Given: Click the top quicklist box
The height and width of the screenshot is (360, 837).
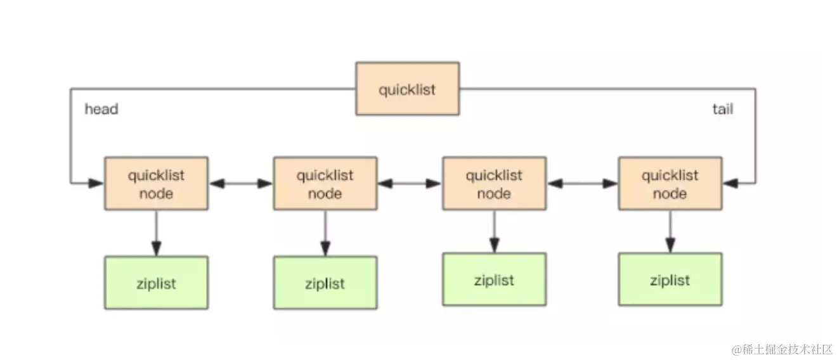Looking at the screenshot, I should coord(407,89).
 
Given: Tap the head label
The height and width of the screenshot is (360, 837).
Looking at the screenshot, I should coord(101,110).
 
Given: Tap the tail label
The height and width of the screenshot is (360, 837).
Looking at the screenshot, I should coord(722,110).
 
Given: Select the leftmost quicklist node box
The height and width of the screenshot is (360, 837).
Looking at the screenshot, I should coord(156,184).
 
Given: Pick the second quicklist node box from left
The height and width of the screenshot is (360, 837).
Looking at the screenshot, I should coord(325,184).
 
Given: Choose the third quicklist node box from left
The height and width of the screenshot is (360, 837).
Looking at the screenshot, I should coord(494,184).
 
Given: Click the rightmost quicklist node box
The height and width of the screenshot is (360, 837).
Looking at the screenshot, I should coord(670,184).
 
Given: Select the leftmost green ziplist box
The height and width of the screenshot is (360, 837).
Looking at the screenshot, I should coord(156,283).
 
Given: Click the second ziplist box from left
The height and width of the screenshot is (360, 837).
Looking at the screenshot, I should coord(325,283).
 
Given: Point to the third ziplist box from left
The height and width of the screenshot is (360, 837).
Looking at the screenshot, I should coord(494,280).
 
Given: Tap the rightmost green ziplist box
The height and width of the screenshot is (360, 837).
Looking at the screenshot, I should coord(670,280).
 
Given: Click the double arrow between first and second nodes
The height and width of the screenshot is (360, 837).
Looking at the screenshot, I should coord(241,184).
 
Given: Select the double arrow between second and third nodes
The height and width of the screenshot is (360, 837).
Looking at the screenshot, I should coord(410,184).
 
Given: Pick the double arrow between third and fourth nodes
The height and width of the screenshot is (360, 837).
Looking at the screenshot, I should coord(582,184).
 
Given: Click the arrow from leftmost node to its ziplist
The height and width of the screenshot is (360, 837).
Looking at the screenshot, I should coord(156,233).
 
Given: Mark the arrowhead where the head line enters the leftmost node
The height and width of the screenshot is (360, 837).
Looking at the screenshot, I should coord(96,184).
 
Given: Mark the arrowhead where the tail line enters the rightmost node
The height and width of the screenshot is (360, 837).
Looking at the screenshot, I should coord(729,184).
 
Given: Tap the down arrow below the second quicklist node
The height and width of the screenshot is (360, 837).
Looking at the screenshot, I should coord(325,233).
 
